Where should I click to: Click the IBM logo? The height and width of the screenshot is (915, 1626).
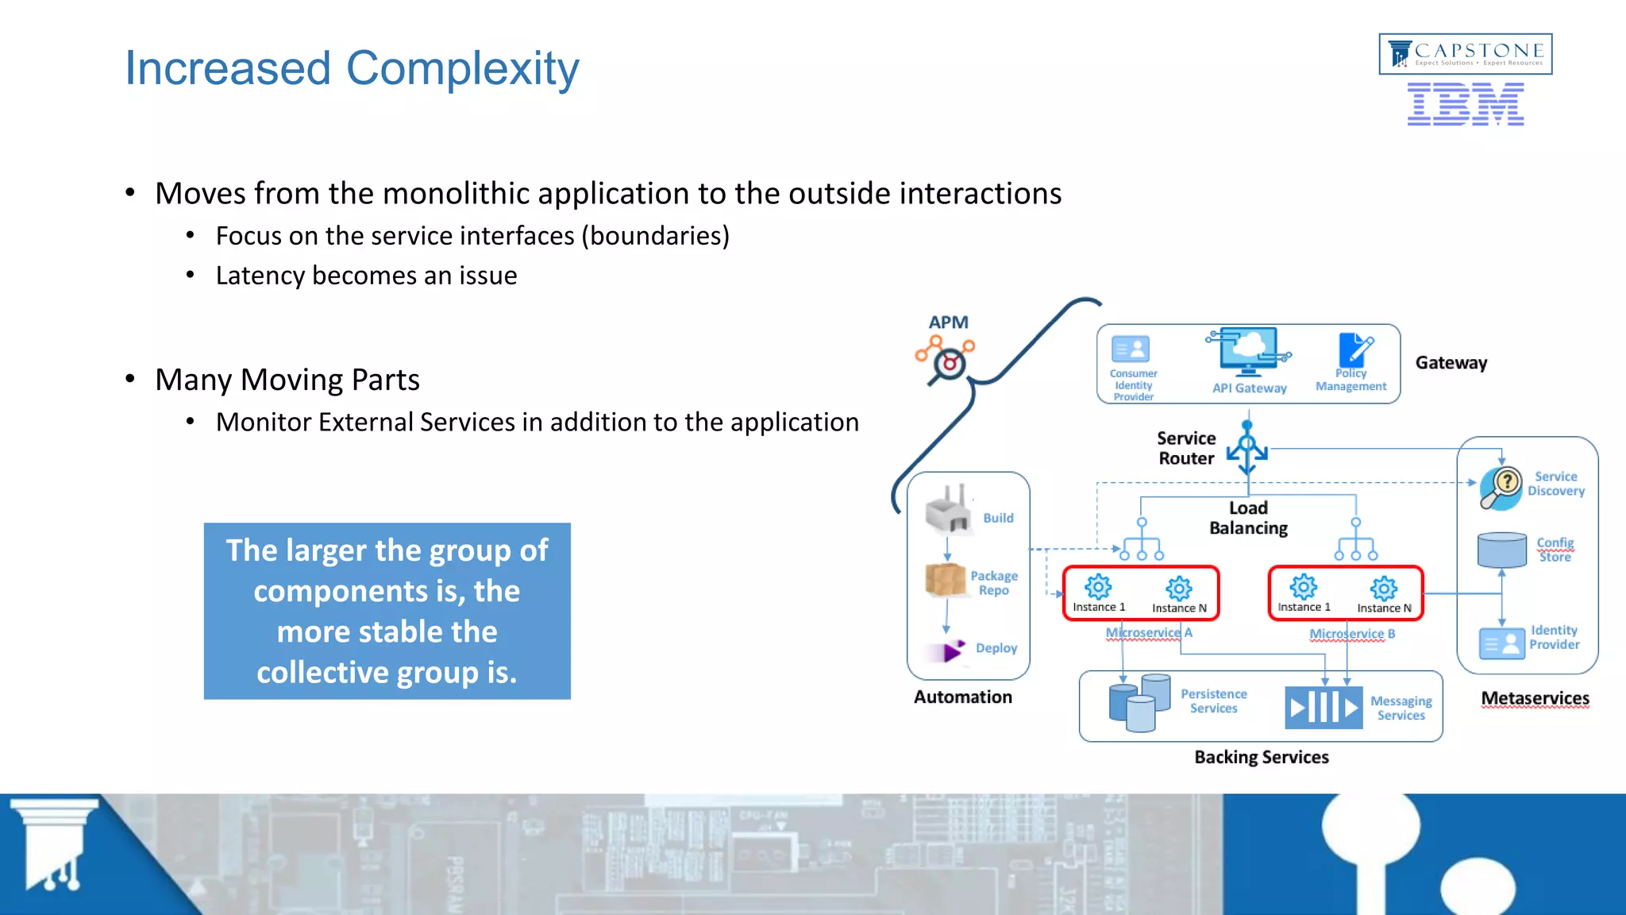(1465, 105)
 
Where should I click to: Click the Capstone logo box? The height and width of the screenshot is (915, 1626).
(1465, 54)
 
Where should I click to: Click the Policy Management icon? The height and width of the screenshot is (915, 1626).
(1354, 349)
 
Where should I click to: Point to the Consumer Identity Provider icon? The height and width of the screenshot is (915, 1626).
(1131, 349)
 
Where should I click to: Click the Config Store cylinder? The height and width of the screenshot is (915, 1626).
(1501, 550)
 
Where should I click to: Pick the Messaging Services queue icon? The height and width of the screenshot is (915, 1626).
(1323, 707)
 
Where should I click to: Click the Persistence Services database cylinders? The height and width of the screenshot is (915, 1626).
(1139, 702)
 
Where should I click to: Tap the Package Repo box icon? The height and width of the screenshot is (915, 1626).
(945, 581)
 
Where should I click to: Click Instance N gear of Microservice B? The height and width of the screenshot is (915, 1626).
(1384, 589)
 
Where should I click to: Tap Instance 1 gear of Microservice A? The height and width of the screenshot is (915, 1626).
(1098, 587)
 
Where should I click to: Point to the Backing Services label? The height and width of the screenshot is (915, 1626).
(1261, 757)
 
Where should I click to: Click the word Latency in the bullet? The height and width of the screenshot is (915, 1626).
(260, 276)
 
